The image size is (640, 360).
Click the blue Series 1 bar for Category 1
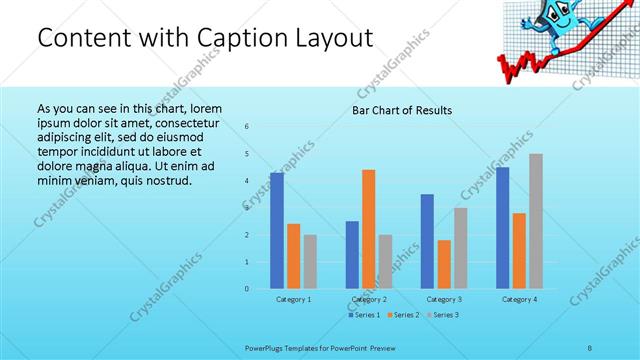pos(277,231)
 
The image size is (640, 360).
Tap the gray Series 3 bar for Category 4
pos(536,221)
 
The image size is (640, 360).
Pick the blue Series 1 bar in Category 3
pos(428,241)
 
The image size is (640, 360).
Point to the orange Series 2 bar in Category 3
pos(444,264)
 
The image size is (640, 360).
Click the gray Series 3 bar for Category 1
pos(310,262)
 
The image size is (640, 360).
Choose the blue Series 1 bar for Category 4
pos(503,228)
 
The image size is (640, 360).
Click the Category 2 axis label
pos(369,299)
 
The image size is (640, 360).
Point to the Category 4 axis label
pos(519,299)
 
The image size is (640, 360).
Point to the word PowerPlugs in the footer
pos(265,347)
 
